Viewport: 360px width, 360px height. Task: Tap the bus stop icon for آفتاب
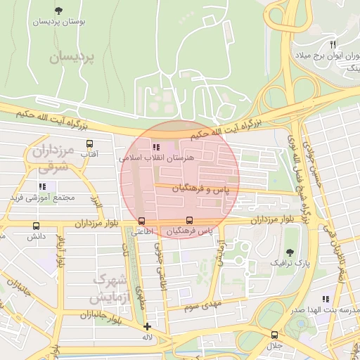pyautogui.click(x=89, y=143)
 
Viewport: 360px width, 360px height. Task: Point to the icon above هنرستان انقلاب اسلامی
pyautogui.click(x=155, y=147)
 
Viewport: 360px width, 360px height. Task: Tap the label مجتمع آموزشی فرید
pyautogui.click(x=41, y=198)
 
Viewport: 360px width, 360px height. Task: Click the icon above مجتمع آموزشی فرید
pyautogui.click(x=42, y=186)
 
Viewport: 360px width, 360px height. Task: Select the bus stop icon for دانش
pyautogui.click(x=36, y=226)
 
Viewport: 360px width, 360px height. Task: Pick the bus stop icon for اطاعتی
pyautogui.click(x=143, y=220)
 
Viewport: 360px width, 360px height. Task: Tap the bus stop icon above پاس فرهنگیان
pyautogui.click(x=188, y=220)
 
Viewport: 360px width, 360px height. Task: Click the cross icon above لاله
pyautogui.click(x=146, y=326)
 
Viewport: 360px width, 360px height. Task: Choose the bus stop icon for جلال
pyautogui.click(x=274, y=335)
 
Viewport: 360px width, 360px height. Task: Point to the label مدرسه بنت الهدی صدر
pyautogui.click(x=327, y=310)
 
